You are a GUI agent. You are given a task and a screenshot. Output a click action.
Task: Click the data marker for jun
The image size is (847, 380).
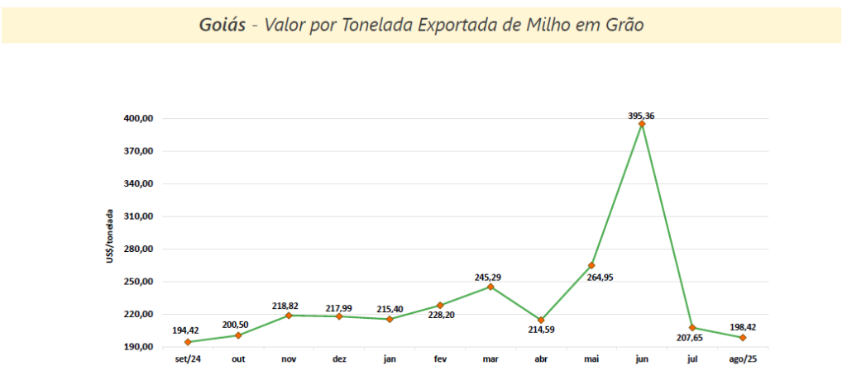(642, 124)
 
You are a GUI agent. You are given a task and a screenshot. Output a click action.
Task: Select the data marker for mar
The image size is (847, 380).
(490, 287)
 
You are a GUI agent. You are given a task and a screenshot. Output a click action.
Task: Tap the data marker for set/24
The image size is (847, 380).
(188, 342)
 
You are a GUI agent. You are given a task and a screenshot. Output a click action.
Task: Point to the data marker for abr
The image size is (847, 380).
(541, 320)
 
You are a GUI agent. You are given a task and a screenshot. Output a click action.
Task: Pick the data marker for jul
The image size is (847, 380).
(692, 328)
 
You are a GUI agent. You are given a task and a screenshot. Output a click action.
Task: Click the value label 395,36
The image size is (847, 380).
(642, 116)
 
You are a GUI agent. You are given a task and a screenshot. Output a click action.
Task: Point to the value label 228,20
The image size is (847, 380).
(440, 315)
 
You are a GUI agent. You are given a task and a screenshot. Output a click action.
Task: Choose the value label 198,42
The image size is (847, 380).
(743, 327)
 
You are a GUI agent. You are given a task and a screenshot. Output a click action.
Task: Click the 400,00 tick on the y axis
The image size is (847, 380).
(137, 119)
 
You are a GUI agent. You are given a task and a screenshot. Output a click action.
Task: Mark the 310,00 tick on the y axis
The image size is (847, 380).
(137, 216)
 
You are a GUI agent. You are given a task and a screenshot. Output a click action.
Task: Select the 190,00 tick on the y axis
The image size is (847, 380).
(137, 347)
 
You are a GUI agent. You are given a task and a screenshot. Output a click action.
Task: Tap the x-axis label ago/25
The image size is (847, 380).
(743, 359)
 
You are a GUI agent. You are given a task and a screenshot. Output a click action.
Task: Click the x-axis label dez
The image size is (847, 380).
(339, 359)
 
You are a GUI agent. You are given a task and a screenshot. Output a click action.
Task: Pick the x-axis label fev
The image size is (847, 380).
(440, 359)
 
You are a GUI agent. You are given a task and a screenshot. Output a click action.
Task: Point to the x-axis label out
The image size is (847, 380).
(238, 359)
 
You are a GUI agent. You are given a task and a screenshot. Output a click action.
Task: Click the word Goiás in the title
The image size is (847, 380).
(223, 24)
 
